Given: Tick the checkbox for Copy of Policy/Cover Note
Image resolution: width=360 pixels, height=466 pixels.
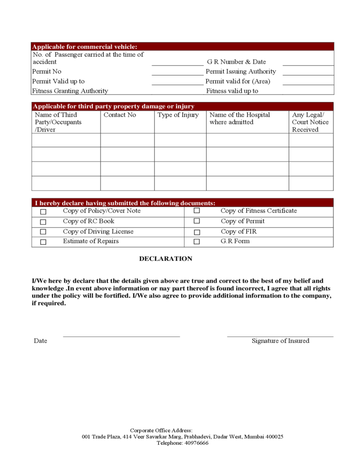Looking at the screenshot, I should [x=43, y=212].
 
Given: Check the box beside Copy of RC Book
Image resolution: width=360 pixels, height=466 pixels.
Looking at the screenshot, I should [x=43, y=222].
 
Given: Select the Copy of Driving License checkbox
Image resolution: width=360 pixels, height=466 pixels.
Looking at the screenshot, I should [x=43, y=232].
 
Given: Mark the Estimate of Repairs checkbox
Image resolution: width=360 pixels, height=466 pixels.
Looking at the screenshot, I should [x=43, y=242].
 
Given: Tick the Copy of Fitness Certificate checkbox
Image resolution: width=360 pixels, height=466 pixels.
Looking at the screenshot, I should [x=197, y=211].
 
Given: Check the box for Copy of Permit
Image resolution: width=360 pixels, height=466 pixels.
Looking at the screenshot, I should [x=197, y=221].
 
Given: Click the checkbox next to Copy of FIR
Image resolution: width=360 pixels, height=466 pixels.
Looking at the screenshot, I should [x=197, y=232].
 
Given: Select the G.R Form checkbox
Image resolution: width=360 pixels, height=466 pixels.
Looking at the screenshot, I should [x=197, y=242].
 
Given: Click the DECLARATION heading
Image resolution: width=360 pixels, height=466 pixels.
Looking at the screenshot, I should [x=166, y=258].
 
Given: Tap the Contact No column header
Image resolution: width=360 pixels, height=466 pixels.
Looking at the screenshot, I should [x=120, y=115].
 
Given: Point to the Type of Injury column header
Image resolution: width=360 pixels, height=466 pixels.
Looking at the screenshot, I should [x=178, y=115].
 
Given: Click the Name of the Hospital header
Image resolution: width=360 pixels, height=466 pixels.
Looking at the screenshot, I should [x=240, y=119].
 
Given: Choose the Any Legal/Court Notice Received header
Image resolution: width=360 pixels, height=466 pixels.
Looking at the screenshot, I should [x=310, y=122].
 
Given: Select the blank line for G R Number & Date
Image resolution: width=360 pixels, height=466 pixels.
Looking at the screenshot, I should [x=308, y=64].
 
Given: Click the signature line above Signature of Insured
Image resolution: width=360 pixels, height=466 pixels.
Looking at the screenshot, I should [x=280, y=336].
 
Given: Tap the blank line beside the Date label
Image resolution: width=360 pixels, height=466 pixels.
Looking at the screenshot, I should [x=121, y=336].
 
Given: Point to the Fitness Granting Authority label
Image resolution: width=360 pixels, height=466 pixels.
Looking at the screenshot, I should [x=70, y=91].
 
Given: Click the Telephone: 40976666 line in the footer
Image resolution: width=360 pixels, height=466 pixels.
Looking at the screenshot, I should [x=182, y=443].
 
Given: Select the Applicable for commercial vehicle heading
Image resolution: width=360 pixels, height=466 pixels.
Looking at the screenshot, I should [x=85, y=46].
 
